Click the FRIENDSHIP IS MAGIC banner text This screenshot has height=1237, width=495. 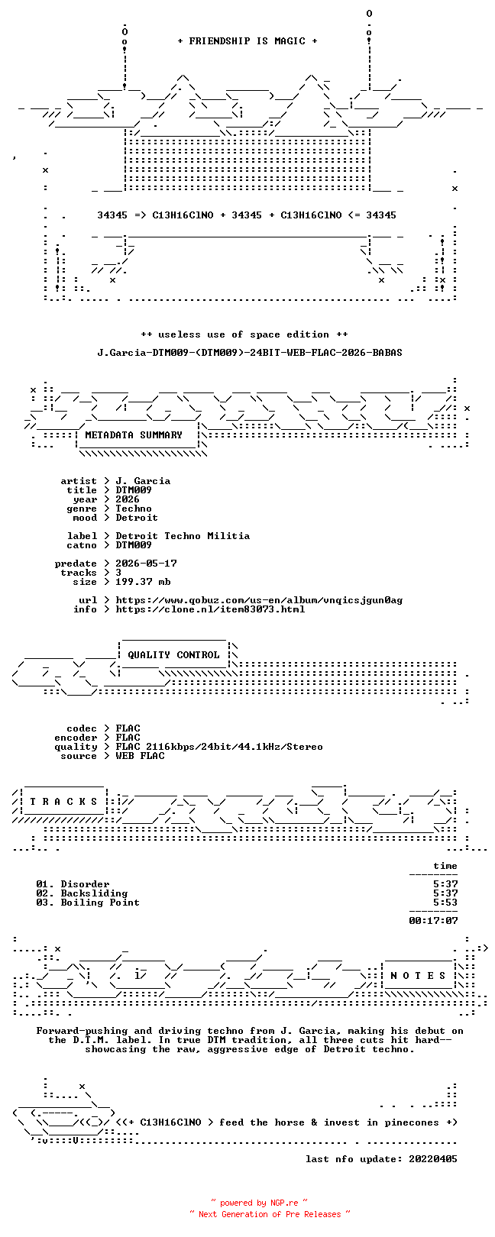click(247, 41)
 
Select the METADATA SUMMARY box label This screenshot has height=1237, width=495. click(134, 435)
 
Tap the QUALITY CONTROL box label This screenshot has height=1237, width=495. click(173, 655)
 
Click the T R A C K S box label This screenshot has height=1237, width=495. click(63, 802)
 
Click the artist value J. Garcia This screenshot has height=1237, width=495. click(143, 481)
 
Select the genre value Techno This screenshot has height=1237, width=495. click(134, 509)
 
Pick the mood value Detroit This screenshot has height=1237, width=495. click(137, 518)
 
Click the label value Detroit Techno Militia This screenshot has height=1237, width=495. click(183, 536)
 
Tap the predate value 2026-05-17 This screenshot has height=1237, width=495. click(147, 564)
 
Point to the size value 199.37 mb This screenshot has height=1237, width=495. click(143, 582)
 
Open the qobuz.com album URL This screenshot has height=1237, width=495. click(259, 600)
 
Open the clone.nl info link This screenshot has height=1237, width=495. click(211, 609)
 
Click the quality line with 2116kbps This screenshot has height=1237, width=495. click(219, 748)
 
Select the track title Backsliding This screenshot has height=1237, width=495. click(94, 893)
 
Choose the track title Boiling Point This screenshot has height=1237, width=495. click(100, 903)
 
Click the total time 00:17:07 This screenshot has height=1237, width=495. click(434, 921)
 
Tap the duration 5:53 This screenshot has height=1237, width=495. click(446, 903)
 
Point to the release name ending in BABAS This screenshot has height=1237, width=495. click(251, 352)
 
